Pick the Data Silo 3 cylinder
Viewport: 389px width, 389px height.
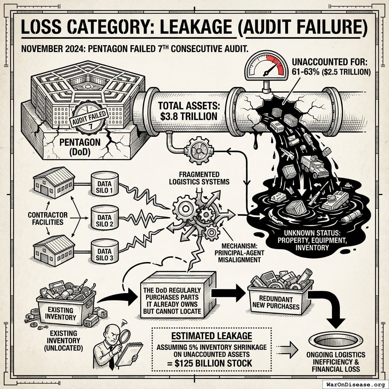point(105,251)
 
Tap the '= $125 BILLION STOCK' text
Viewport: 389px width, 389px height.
point(211,363)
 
